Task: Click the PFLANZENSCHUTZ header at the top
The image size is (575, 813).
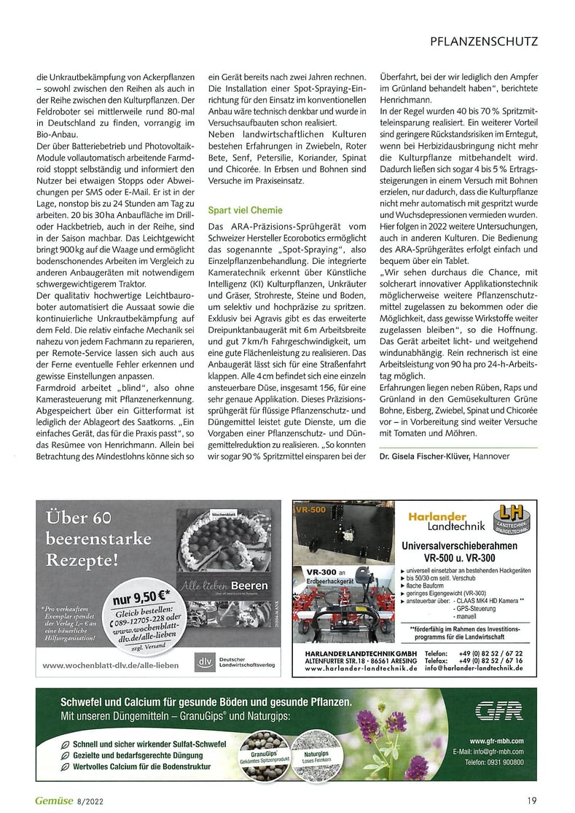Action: click(x=483, y=42)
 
